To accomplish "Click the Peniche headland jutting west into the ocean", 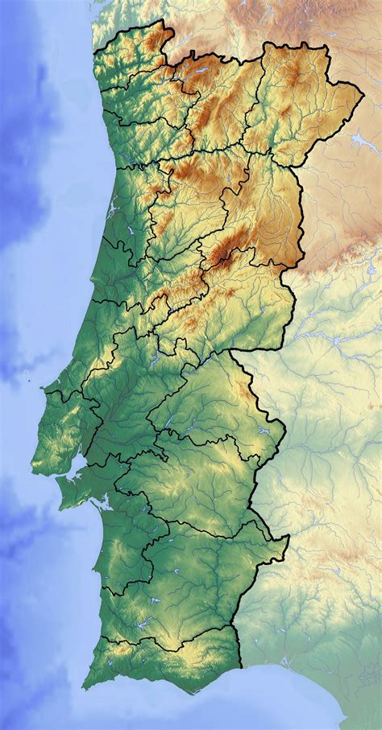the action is [x=44, y=392].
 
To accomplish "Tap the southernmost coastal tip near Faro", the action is [x=193, y=693].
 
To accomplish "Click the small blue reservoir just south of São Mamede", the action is [x=262, y=431].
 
